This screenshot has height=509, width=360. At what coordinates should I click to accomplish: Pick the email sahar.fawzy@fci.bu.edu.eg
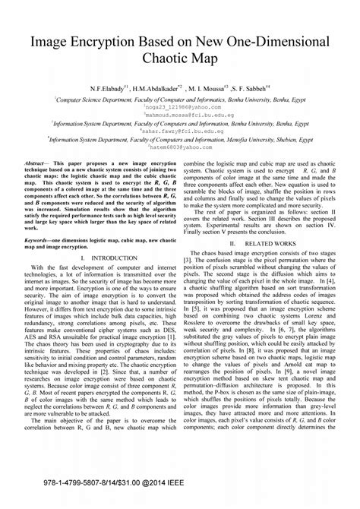click(x=180, y=131)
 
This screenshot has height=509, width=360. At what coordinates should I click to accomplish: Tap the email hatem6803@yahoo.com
click(x=180, y=147)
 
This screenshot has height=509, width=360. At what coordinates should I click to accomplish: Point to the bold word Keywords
click(x=39, y=239)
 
